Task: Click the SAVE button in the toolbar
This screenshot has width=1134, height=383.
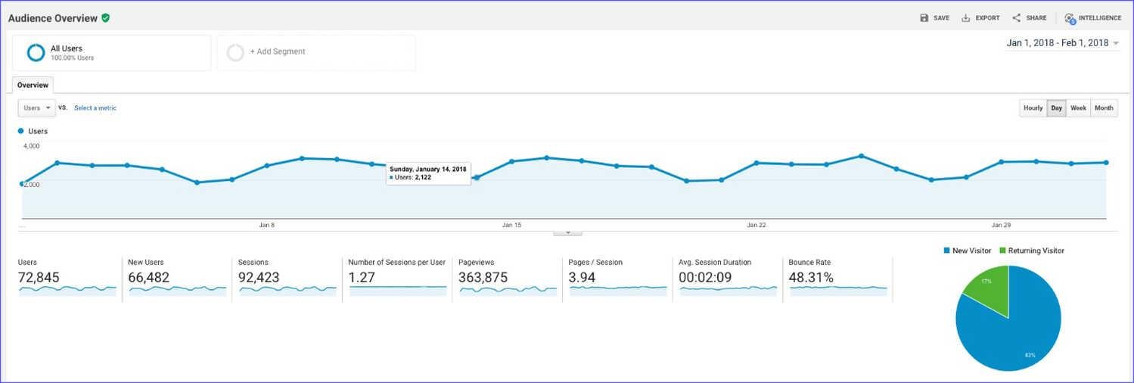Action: (x=934, y=18)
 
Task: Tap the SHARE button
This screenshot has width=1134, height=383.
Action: (x=1030, y=18)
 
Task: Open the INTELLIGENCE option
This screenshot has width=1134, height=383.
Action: (x=1093, y=18)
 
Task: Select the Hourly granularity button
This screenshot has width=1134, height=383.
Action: (x=1033, y=108)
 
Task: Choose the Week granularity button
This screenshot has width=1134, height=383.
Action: (x=1078, y=108)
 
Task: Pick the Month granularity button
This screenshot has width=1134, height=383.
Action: (x=1104, y=108)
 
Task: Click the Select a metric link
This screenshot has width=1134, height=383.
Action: (x=95, y=108)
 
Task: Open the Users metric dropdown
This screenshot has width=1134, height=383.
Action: (x=36, y=108)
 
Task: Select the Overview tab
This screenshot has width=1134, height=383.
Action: (x=33, y=86)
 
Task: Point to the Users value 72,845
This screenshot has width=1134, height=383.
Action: (x=39, y=278)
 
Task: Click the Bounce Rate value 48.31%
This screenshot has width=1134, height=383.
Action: (x=811, y=278)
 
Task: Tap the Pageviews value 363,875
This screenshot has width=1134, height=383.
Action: (x=483, y=278)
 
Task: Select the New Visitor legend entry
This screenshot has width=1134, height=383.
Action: (x=968, y=251)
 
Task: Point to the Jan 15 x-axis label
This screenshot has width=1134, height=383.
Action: (x=511, y=225)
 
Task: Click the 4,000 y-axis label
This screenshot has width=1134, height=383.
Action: (x=32, y=145)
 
